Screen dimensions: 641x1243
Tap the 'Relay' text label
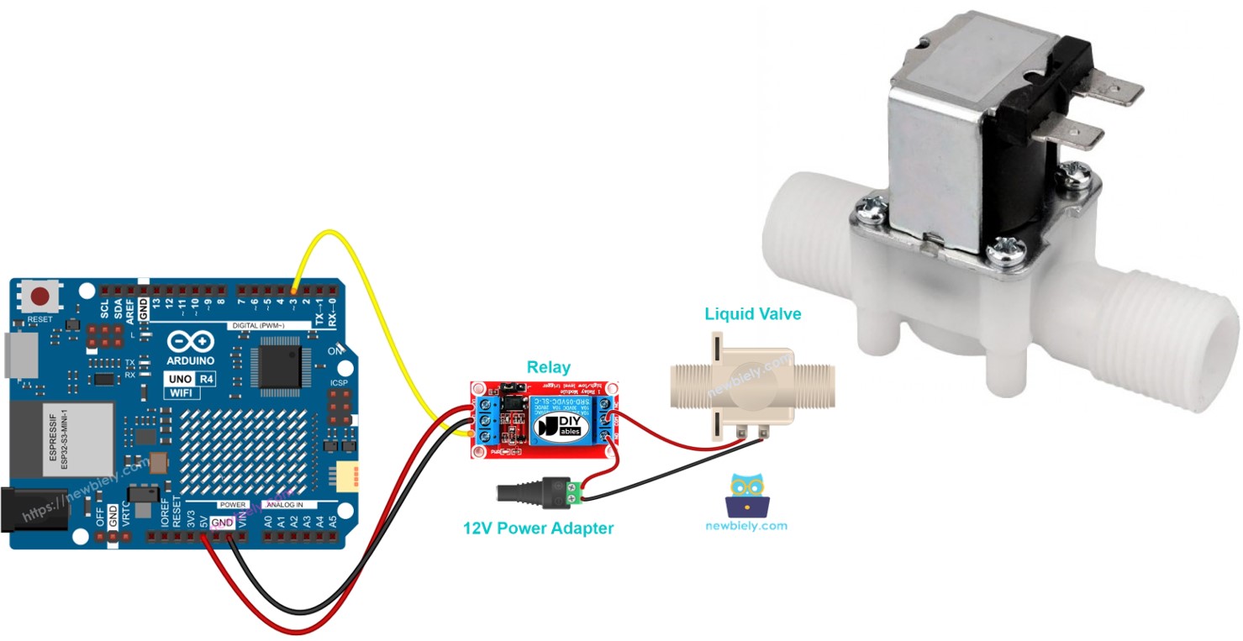click(548, 367)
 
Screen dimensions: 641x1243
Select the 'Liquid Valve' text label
click(752, 314)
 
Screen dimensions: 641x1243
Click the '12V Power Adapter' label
click(538, 528)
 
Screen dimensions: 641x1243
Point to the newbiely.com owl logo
click(747, 495)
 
